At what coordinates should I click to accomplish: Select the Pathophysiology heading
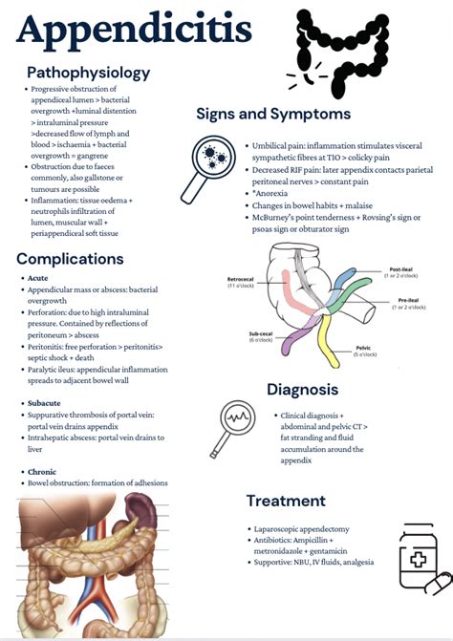(x=88, y=73)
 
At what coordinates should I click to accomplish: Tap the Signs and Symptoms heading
(x=273, y=114)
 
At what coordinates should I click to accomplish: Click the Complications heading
(x=70, y=258)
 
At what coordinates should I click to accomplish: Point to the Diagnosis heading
(x=302, y=390)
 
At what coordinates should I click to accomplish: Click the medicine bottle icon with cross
(x=418, y=556)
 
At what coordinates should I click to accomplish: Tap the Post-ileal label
(x=400, y=272)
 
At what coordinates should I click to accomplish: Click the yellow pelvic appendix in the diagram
(x=330, y=348)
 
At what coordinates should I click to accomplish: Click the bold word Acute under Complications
(x=39, y=278)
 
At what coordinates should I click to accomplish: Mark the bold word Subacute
(x=47, y=404)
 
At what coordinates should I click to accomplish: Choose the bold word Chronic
(x=44, y=473)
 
